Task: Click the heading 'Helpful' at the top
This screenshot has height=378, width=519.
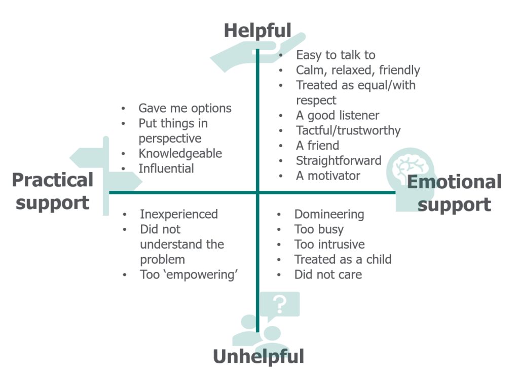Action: pyautogui.click(x=257, y=30)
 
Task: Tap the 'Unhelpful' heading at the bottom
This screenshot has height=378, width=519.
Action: pyautogui.click(x=258, y=357)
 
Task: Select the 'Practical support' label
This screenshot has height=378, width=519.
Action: pyautogui.click(x=53, y=191)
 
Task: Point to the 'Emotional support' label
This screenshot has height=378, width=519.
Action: pyautogui.click(x=454, y=193)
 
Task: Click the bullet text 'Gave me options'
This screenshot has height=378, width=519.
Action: pyautogui.click(x=184, y=108)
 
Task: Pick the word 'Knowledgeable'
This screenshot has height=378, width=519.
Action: pyautogui.click(x=180, y=153)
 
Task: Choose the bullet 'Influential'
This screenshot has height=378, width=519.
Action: pyautogui.click(x=166, y=168)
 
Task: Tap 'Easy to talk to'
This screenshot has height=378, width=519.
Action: pyautogui.click(x=336, y=55)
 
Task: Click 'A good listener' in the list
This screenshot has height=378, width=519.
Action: pyautogui.click(x=338, y=115)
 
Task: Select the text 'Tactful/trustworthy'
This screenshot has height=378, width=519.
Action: pyautogui.click(x=348, y=130)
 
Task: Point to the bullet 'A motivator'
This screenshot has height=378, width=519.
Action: pyautogui.click(x=328, y=176)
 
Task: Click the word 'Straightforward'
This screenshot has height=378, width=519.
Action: pyautogui.click(x=339, y=161)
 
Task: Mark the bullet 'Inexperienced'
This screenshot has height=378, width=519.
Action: pyautogui.click(x=178, y=214)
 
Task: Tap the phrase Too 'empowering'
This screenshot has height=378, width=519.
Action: pyautogui.click(x=189, y=274)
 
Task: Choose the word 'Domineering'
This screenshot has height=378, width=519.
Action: pyautogui.click(x=329, y=214)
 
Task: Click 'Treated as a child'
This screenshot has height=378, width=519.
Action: pyautogui.click(x=343, y=259)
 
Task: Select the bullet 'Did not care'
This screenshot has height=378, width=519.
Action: pyautogui.click(x=328, y=274)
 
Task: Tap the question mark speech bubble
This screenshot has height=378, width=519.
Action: pyautogui.click(x=279, y=304)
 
